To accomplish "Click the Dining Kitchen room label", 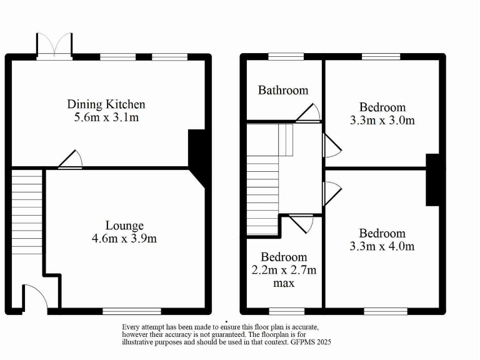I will pos(106,104).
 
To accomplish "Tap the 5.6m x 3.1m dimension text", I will pos(106,117).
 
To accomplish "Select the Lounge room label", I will pos(124,226).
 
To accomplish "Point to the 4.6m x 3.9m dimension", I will pos(124,238).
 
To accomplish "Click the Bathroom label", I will pos(283,90).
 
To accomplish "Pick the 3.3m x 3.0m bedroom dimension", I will pos(382,120).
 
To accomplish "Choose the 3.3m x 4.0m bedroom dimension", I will pos(382,246).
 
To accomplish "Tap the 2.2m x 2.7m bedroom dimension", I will pos(284,270).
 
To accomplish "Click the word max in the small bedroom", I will pos(284,283).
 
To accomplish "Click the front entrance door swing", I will pos(36,296).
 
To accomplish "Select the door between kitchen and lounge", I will pos(71,159).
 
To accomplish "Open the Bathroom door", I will pos(309,113).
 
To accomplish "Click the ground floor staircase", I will pos(26,212).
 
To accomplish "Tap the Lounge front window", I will pos(132,311).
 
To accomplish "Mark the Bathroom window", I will pos(286,57).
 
